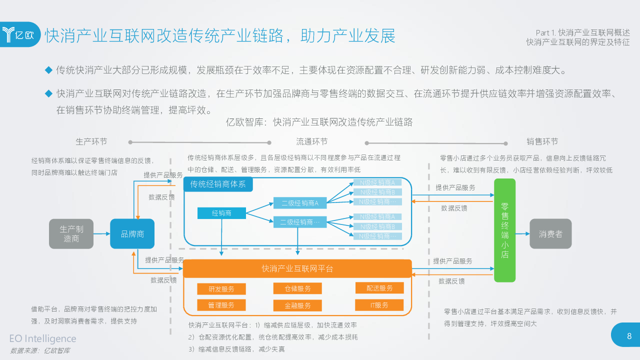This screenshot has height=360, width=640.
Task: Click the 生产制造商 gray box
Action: [71, 233]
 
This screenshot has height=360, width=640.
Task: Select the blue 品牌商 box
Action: [132, 233]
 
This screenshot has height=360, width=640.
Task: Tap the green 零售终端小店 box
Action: [504, 230]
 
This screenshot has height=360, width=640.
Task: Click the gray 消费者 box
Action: [550, 233]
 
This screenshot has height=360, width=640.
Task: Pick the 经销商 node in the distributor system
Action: [221, 213]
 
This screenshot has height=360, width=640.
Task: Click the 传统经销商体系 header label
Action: [218, 184]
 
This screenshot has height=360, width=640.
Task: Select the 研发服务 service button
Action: [221, 289]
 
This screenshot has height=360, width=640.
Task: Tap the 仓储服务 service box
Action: [297, 288]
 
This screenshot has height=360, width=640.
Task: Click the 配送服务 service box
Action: [379, 288]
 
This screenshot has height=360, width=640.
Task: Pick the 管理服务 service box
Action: [221, 305]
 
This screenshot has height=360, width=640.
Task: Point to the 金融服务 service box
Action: [297, 305]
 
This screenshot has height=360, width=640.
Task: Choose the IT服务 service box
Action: [379, 305]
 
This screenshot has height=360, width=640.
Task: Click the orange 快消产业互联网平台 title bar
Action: [297, 268]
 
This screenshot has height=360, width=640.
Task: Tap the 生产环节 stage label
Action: [91, 141]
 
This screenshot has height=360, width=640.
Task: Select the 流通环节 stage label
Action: [312, 141]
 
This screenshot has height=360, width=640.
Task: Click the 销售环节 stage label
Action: [542, 141]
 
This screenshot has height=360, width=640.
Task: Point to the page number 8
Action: [629, 336]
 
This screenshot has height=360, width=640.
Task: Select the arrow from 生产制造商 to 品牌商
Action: [101, 233]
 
